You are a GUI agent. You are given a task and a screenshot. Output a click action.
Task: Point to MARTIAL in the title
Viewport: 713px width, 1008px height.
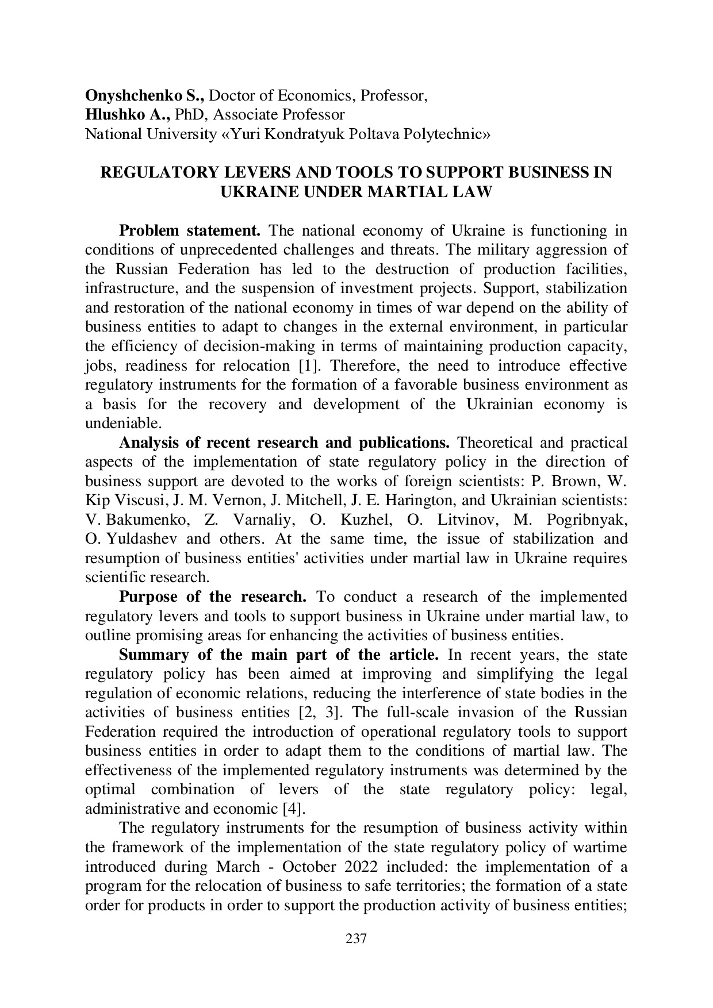coord(411,192)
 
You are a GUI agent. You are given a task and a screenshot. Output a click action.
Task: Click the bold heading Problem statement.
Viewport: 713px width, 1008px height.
coord(190,231)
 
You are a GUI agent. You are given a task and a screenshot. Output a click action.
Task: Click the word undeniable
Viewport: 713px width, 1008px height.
coord(122,424)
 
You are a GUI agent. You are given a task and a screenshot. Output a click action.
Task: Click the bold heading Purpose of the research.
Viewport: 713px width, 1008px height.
coord(212,597)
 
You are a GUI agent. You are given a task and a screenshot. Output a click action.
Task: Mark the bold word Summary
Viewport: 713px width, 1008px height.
coord(154,655)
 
